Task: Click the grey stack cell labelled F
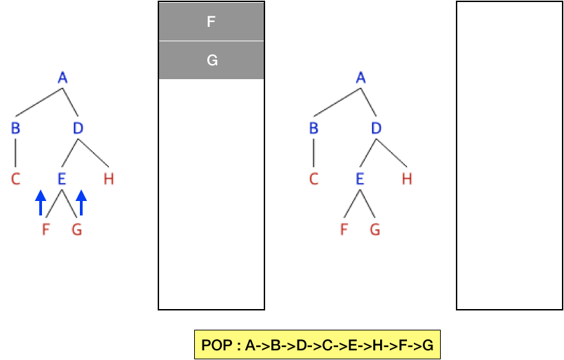[x=211, y=21]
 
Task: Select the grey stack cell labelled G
[x=211, y=61]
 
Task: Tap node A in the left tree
[x=63, y=78]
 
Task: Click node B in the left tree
[x=15, y=129]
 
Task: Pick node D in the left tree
[x=79, y=129]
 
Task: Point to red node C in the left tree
[x=15, y=180]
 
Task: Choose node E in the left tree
[x=62, y=180]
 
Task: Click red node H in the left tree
[x=109, y=180]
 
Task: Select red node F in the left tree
[x=46, y=231]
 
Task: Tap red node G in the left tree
[x=77, y=231]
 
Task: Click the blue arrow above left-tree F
[x=41, y=202]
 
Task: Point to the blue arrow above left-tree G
[x=81, y=202]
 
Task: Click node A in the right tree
[x=361, y=78]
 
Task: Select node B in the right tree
[x=313, y=129]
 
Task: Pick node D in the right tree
[x=377, y=129]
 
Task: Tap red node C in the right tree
[x=313, y=180]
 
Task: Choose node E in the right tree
[x=360, y=180]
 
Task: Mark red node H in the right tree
[x=407, y=180]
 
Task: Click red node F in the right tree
[x=344, y=231]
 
